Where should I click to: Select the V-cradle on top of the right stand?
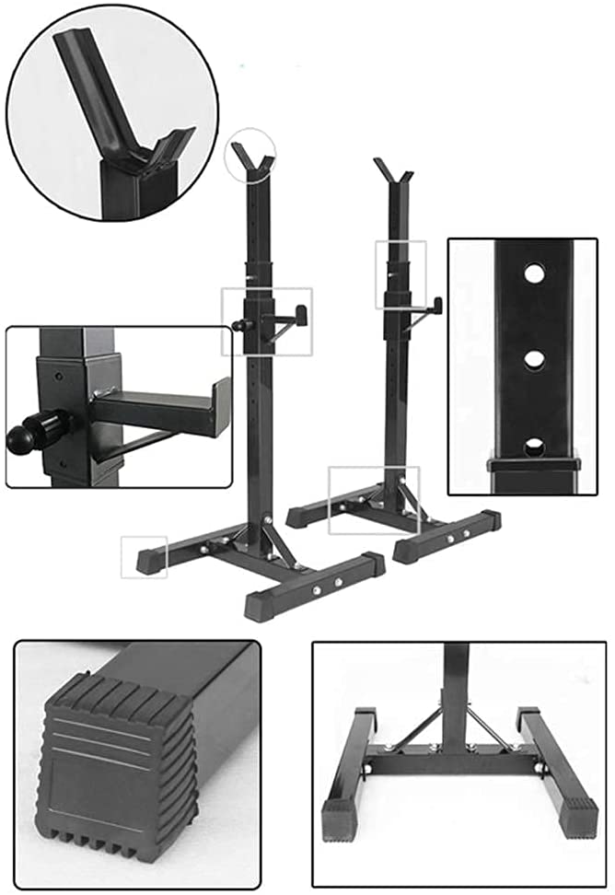393,172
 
